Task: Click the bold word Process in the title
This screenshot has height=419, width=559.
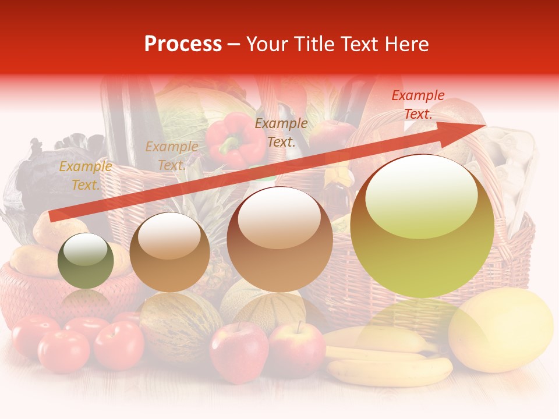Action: [183, 44]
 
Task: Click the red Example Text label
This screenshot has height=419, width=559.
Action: [418, 105]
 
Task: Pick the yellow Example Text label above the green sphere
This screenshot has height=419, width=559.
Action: [86, 176]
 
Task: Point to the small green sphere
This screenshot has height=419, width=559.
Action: [86, 261]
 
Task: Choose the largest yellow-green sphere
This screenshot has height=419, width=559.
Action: [422, 226]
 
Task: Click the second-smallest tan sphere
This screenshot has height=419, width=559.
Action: [169, 252]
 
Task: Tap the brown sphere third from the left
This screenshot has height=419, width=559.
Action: [279, 239]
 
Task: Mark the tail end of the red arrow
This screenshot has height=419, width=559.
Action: [54, 216]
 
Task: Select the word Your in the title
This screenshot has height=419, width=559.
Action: [266, 44]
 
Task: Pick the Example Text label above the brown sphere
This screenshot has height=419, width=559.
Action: [281, 132]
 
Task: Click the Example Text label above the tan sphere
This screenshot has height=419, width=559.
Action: [171, 156]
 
